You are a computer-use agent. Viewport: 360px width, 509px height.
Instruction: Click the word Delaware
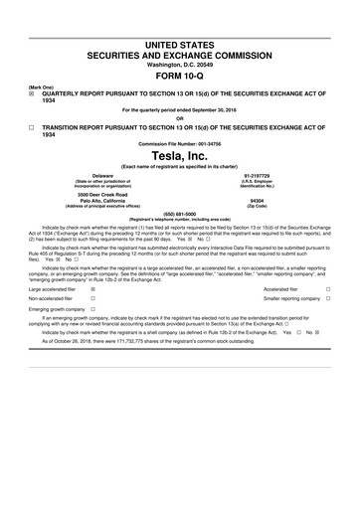point(102,175)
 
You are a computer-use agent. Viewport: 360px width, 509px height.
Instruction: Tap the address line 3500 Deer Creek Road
point(102,191)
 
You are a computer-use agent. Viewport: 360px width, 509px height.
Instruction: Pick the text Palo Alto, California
point(102,198)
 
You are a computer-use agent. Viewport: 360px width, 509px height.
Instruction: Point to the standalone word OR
point(179,117)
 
